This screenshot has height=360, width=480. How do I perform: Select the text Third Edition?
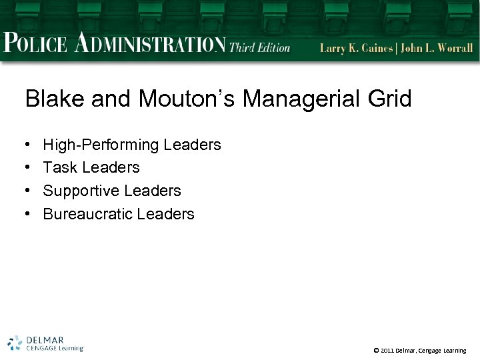260,47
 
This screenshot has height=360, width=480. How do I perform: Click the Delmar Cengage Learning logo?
45,343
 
